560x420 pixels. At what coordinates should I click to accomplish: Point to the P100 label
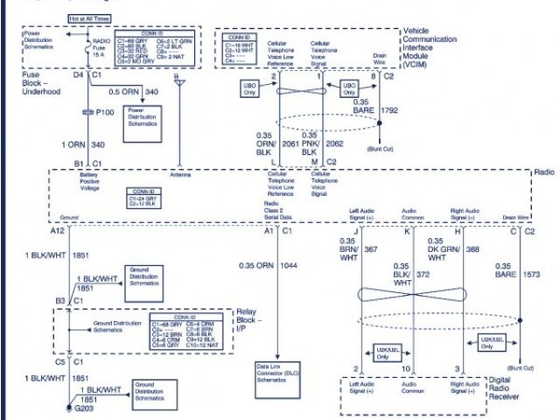104,114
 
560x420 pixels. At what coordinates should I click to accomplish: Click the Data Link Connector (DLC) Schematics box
278,372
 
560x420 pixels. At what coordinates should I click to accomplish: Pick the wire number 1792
389,110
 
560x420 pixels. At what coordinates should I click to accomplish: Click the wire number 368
473,248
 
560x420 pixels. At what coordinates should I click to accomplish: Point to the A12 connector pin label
58,230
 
